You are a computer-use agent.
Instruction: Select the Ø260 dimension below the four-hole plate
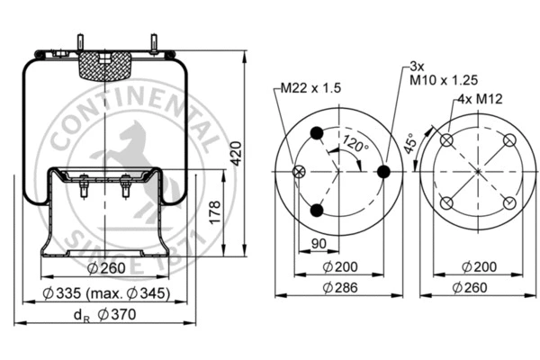[477, 287]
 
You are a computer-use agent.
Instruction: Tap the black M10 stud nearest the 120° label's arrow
[382, 171]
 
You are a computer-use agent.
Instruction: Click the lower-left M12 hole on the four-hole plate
[447, 202]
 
